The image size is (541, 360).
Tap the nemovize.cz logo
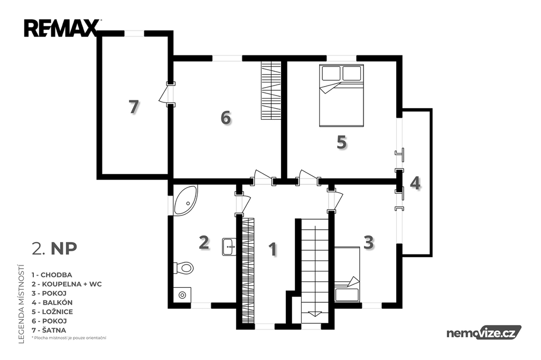coord(484,333)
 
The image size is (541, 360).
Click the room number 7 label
coord(134,107)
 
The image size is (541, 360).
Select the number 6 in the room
coord(226,118)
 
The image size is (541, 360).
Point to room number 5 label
coord(342,142)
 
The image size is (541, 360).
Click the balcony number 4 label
coord(415,183)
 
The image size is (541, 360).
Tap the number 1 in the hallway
coord(273,249)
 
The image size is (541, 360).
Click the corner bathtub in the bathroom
coord(185,201)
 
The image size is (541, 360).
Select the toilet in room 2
coord(183,268)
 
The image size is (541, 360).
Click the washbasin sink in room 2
coord(229,246)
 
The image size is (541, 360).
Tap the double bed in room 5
coord(341,96)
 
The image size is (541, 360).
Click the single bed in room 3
coord(347,274)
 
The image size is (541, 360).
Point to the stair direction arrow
coord(314,314)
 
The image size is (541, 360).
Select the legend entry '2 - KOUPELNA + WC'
coord(67,284)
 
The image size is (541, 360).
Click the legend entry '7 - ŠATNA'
coord(49,330)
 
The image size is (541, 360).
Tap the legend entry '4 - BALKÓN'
coord(52,302)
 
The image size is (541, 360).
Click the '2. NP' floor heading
coord(54,248)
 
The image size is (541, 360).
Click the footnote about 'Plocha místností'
coord(69,338)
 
